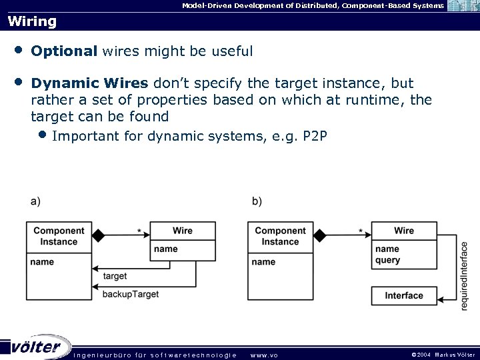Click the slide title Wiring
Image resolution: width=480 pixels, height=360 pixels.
[32, 21]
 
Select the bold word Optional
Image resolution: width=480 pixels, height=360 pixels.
[65, 51]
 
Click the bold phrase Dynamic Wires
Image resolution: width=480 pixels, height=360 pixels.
[90, 83]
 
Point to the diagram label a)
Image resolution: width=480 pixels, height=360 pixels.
[35, 201]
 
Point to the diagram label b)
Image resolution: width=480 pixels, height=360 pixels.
[257, 201]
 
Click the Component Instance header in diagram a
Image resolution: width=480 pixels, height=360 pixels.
[59, 236]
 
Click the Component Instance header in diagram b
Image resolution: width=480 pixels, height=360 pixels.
[280, 236]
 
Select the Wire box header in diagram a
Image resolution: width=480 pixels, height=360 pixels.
[183, 231]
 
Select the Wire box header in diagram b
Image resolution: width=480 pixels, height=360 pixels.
[404, 231]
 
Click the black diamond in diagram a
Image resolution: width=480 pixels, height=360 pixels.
[99, 235]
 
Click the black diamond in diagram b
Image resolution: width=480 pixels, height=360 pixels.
[320, 235]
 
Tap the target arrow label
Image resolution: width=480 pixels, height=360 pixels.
[115, 276]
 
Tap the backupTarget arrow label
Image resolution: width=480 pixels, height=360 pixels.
[131, 294]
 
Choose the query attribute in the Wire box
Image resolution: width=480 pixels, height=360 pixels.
[388, 260]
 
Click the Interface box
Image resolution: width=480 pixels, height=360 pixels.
[404, 295]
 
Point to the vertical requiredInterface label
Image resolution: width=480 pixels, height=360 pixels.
[465, 275]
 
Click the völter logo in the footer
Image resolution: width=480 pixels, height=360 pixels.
[37, 347]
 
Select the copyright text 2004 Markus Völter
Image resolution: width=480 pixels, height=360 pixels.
[443, 355]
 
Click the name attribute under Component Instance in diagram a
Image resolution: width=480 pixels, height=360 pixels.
[42, 262]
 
